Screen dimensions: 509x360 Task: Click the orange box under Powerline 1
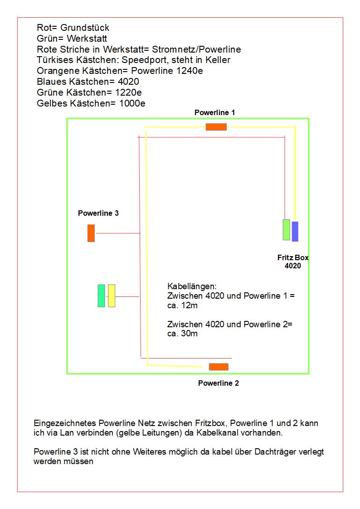[x=216, y=127]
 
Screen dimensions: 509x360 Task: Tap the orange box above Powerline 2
[x=219, y=367]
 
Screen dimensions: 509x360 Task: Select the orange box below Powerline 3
[x=91, y=233]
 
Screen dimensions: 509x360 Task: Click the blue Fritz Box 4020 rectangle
[x=295, y=231]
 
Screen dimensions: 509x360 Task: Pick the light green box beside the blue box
[x=286, y=229]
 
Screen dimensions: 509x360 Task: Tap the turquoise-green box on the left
[x=101, y=296]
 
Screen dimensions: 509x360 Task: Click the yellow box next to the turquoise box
[x=112, y=296]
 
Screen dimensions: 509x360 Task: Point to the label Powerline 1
[x=215, y=112]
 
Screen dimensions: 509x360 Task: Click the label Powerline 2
[x=219, y=383]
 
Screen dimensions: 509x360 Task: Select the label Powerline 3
[x=98, y=213]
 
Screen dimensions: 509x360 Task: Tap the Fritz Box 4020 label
[x=293, y=262]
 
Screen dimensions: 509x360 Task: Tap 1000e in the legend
[x=132, y=103]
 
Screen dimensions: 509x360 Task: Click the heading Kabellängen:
[x=192, y=287]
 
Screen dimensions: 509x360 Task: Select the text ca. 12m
[x=182, y=305]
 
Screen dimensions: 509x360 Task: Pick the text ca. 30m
[x=182, y=334]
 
